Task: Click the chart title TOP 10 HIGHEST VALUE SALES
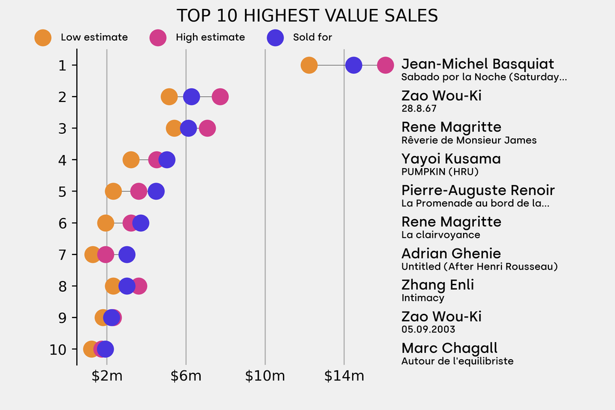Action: [x=307, y=16]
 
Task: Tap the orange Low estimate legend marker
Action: [x=43, y=37]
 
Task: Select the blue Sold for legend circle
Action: [x=275, y=37]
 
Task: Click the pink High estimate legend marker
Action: [x=158, y=37]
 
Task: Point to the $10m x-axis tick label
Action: [x=265, y=376]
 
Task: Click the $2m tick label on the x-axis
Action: [x=107, y=376]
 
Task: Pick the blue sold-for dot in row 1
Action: [x=354, y=65]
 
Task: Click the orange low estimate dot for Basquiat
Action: [x=309, y=65]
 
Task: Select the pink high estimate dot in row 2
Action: [x=220, y=97]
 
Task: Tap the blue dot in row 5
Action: [x=156, y=191]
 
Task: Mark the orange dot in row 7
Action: [x=92, y=255]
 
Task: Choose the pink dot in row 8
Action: [x=139, y=286]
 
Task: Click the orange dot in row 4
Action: [x=131, y=160]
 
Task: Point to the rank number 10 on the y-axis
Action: [x=58, y=349]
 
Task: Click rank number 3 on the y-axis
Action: [x=62, y=128]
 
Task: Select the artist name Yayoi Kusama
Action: [x=450, y=159]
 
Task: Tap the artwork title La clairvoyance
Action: [x=440, y=235]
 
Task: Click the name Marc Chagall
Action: [x=449, y=348]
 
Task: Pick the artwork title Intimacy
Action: [x=423, y=298]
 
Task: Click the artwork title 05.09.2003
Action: [x=428, y=329]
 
